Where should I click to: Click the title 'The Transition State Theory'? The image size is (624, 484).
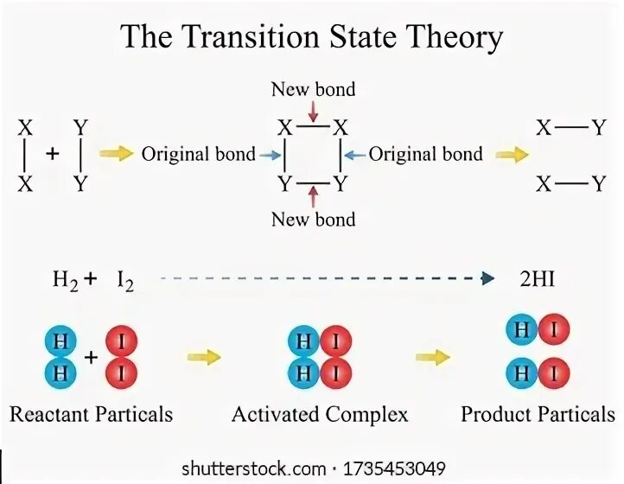(311, 38)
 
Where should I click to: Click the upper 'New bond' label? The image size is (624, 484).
(313, 89)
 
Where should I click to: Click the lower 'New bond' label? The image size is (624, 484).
(313, 220)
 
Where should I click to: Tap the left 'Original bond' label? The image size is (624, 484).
(198, 155)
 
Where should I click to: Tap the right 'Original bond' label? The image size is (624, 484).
(426, 155)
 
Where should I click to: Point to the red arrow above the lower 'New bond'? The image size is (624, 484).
(313, 195)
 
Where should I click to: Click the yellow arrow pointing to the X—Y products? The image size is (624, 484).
(511, 155)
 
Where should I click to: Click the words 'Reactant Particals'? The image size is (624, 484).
(91, 414)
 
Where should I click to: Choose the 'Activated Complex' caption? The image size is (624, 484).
(320, 414)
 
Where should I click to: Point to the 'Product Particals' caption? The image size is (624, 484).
(538, 414)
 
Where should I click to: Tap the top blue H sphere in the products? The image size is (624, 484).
(520, 330)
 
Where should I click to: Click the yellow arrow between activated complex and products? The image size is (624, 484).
(430, 356)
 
